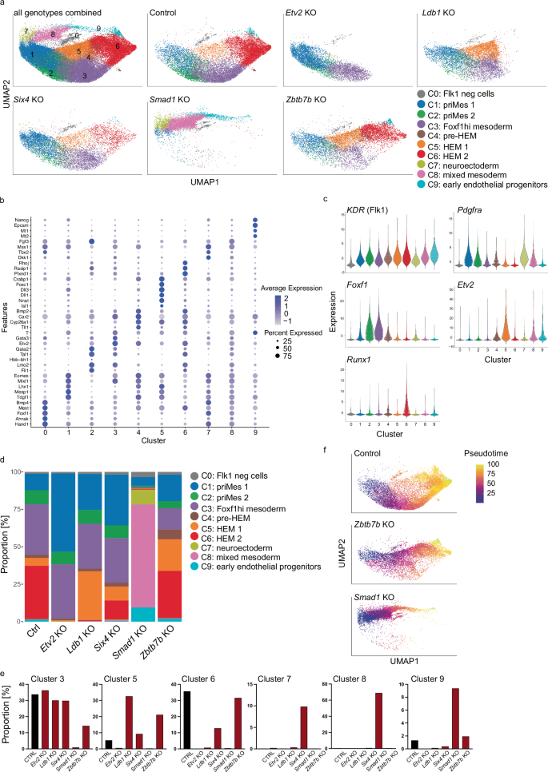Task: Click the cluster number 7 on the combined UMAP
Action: (26, 31)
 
